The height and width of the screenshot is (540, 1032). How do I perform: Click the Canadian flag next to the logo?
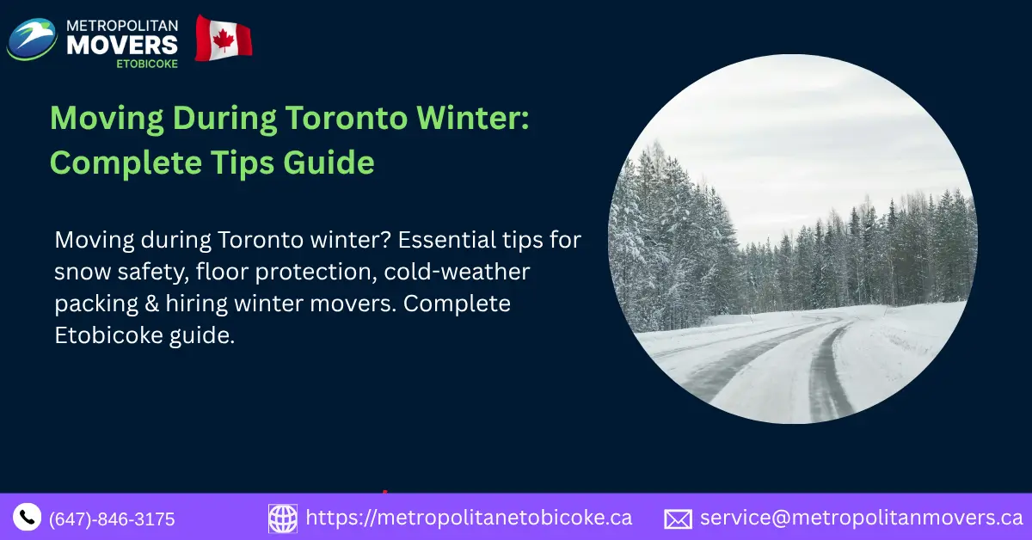(224, 39)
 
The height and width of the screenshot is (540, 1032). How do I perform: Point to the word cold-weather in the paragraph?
(458, 272)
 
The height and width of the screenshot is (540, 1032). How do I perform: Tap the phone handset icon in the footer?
(28, 517)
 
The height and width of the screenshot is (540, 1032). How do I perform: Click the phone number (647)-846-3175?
(112, 519)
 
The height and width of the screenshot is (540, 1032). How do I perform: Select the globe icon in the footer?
(283, 519)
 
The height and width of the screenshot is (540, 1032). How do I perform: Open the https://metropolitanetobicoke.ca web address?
(469, 518)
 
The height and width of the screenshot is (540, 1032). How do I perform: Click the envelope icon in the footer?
(678, 519)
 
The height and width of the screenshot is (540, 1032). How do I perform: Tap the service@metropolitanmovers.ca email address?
(861, 518)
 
